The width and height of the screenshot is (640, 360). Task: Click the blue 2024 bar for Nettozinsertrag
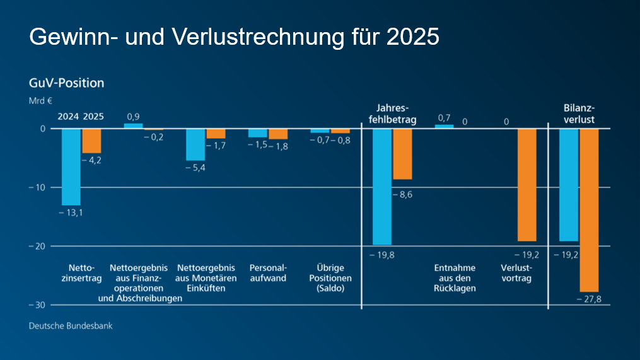point(71,166)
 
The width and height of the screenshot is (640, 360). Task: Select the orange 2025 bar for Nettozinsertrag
point(91,141)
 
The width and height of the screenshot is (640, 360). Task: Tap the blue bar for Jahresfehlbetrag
point(382,187)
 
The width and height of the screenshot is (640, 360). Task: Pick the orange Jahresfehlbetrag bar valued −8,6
point(402,154)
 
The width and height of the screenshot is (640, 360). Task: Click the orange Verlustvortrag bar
point(527,185)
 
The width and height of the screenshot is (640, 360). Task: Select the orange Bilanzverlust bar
point(589,210)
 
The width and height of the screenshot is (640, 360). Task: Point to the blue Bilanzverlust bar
point(569,185)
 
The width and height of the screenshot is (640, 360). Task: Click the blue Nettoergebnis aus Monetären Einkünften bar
point(195,144)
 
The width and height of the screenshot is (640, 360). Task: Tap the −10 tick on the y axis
point(36,187)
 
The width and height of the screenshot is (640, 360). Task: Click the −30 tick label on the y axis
point(36,305)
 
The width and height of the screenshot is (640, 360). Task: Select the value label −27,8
point(589,299)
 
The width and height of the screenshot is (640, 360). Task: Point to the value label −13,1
point(71,212)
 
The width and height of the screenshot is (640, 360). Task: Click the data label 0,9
point(133,117)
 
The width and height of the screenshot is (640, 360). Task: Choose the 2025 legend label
point(93,117)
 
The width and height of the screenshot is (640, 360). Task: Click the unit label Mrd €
point(40,100)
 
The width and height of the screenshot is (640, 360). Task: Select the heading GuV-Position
point(66,83)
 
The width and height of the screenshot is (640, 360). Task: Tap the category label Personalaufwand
point(268,272)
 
